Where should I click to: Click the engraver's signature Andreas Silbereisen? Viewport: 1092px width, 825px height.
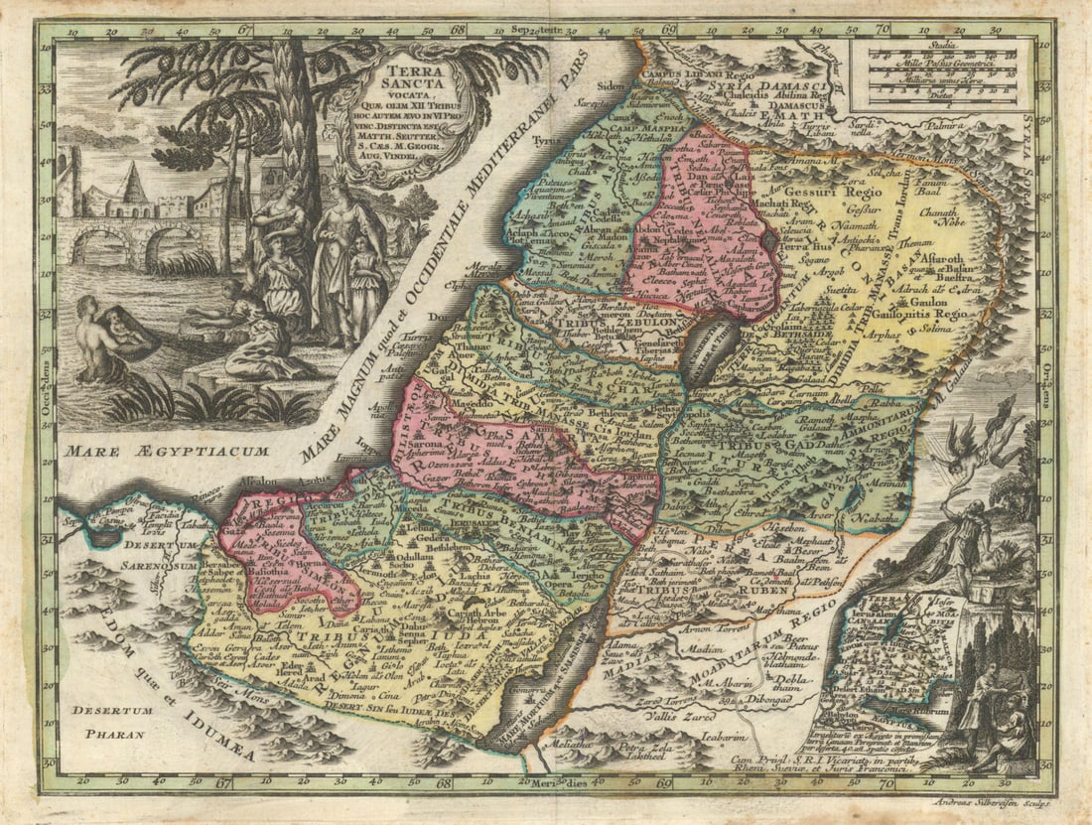(x=993, y=802)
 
